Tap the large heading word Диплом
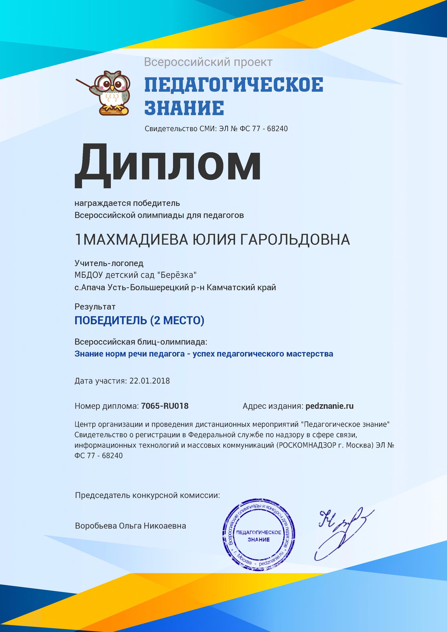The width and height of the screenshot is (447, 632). [167, 166]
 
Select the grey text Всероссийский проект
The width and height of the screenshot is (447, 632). [208, 62]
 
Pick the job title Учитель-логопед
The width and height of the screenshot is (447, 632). [109, 263]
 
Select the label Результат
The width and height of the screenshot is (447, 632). [95, 307]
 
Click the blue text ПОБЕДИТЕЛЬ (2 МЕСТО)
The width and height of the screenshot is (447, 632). [139, 320]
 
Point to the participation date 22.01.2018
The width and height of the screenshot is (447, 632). [150, 381]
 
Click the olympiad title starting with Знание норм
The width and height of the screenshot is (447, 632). [204, 354]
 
